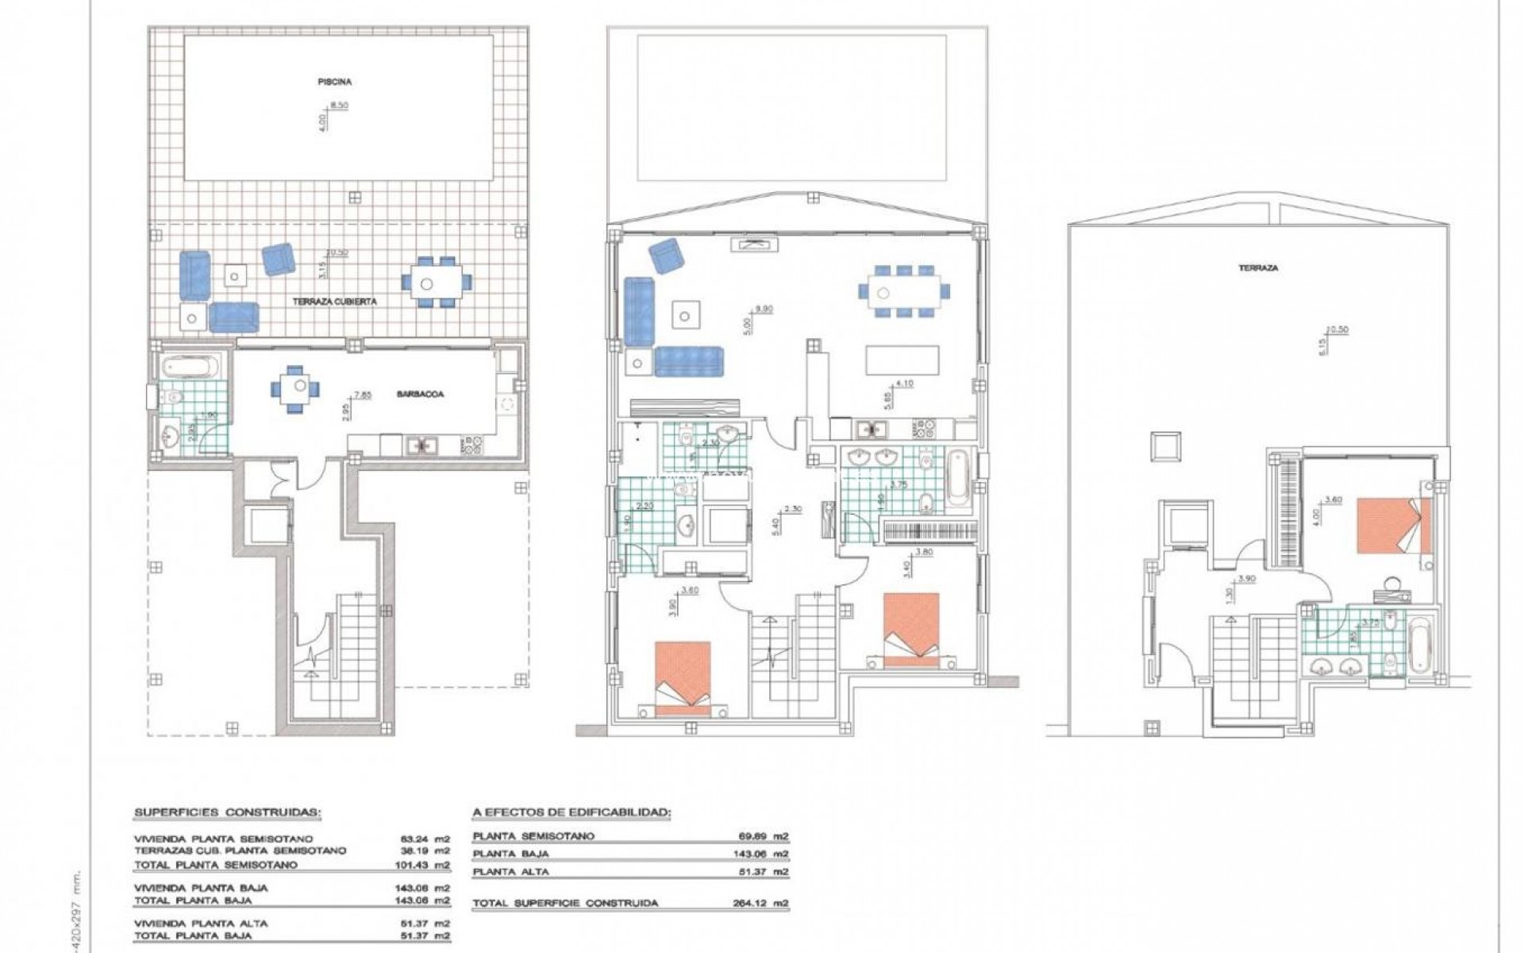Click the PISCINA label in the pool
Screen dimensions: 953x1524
pyautogui.click(x=334, y=82)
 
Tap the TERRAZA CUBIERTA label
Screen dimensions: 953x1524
pyautogui.click(x=334, y=302)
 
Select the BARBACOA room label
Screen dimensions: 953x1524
pyautogui.click(x=421, y=394)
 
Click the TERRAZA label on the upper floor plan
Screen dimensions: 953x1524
pyautogui.click(x=1259, y=268)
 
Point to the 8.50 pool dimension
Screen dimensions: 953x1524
pyautogui.click(x=339, y=105)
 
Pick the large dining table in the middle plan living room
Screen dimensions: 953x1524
pyautogui.click(x=903, y=291)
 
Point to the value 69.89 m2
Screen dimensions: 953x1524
pyautogui.click(x=764, y=836)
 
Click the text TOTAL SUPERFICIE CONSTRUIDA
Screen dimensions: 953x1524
pyautogui.click(x=564, y=904)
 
